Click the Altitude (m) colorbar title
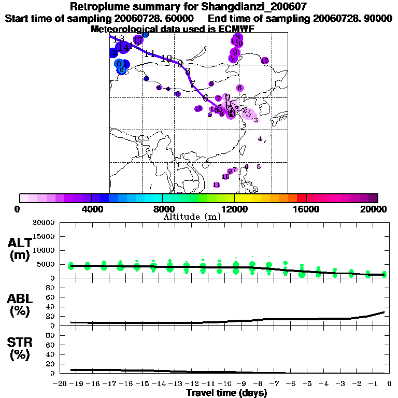pyautogui.click(x=192, y=217)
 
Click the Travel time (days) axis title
pyautogui.click(x=226, y=393)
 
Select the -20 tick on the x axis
pyautogui.click(x=62, y=383)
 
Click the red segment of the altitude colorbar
pyautogui.click(x=301, y=198)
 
